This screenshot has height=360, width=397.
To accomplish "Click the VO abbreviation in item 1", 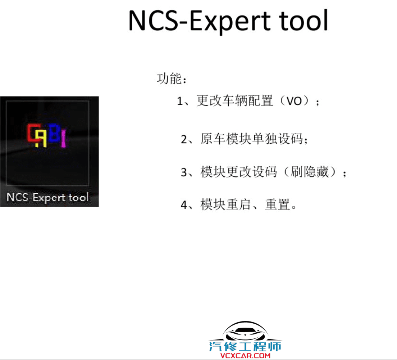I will point(294,102).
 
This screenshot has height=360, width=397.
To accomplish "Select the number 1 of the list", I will point(180,102).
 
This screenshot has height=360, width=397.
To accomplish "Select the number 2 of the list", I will point(184,140).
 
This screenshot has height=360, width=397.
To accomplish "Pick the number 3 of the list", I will point(184,173).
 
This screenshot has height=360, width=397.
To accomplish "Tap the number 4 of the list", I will point(184,205).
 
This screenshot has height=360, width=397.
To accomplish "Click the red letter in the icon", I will point(33,133).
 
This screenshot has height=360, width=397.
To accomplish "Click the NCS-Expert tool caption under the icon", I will point(47,198).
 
